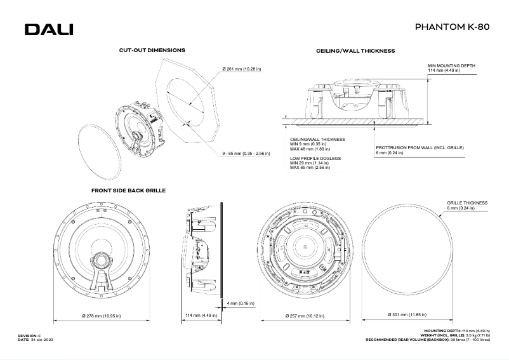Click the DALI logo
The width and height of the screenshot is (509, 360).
49,30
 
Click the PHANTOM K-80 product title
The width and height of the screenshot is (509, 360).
451,28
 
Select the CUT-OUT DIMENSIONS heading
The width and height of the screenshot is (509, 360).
152,50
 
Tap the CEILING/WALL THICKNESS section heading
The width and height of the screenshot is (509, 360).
355,50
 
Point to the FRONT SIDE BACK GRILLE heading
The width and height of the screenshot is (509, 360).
128,190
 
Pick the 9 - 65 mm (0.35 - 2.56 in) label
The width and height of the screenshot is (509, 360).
247,153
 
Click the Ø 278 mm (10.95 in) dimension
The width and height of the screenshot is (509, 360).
102,316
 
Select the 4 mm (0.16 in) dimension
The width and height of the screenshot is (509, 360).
240,303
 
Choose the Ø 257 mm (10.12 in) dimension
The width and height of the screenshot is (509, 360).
305,316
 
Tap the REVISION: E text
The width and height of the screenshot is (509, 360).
30,334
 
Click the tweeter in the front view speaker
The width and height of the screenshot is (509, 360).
101,261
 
